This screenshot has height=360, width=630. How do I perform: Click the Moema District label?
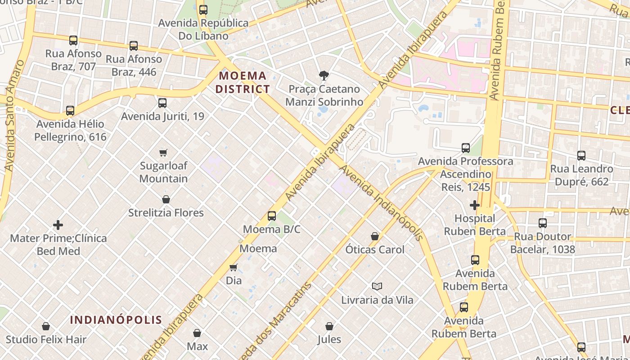tap(243, 82)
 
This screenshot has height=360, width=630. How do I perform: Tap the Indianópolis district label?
tap(116, 320)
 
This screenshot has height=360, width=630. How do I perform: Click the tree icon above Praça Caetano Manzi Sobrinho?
tap(323, 76)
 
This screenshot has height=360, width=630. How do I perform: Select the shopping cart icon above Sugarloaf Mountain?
tap(163, 153)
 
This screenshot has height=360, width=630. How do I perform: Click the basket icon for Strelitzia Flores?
tap(166, 199)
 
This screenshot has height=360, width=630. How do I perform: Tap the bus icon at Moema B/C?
tap(272, 216)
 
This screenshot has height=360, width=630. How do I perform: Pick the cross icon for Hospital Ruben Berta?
tap(474, 205)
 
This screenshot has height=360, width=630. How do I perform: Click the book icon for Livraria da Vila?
tap(377, 286)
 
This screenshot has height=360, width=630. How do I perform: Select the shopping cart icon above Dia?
tap(234, 267)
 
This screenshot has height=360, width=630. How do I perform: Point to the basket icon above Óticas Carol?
tap(375, 236)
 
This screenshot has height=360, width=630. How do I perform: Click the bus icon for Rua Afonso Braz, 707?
tap(73, 40)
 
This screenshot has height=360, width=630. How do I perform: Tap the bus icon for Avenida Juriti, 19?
tap(162, 103)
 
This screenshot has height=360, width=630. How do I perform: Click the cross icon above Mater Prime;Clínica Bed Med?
tap(58, 225)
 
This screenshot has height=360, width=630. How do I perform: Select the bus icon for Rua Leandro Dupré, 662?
tap(581, 156)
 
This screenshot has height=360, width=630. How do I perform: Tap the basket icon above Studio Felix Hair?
tap(46, 326)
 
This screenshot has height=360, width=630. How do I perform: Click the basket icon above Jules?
tap(329, 326)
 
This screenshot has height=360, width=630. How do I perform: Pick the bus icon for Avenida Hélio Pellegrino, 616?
tap(70, 111)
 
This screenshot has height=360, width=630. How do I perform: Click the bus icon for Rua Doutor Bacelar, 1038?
tap(543, 223)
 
